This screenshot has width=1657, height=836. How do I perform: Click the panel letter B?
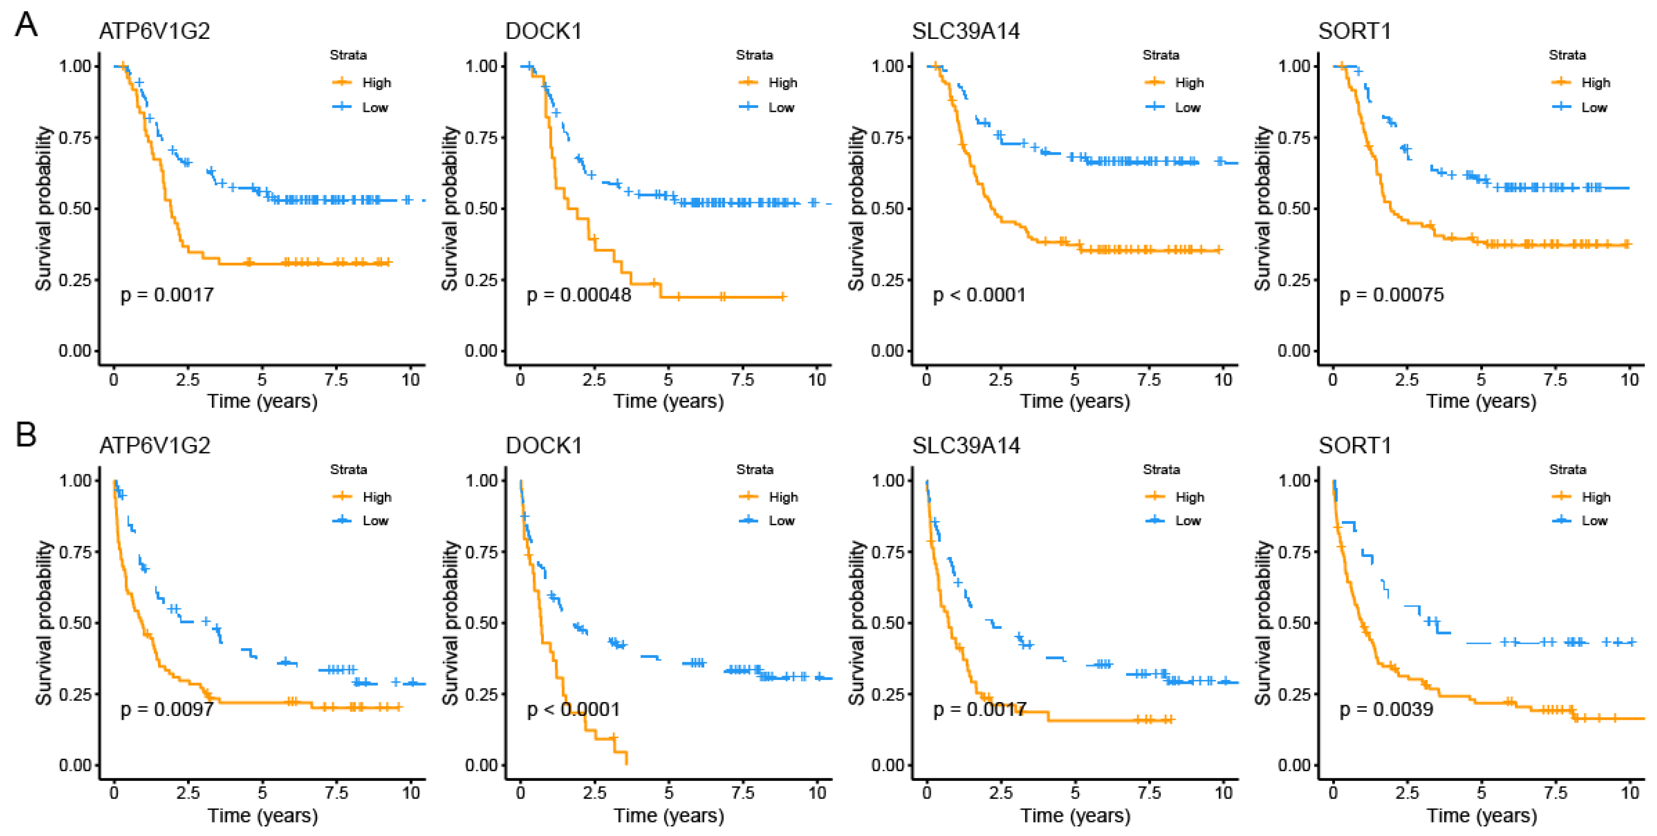coord(26,436)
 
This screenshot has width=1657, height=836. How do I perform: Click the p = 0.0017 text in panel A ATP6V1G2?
coord(167,295)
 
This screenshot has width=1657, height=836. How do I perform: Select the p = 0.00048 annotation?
coord(579,295)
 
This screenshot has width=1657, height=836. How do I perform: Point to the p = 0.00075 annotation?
coord(1391,295)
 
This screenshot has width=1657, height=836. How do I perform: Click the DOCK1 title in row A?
coord(543,31)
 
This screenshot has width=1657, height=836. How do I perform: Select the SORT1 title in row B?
coord(1355,445)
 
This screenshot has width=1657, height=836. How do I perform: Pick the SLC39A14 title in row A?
coord(966,31)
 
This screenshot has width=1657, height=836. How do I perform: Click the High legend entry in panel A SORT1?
coord(1595,82)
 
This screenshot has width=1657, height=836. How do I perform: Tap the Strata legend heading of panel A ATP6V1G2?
coord(348,55)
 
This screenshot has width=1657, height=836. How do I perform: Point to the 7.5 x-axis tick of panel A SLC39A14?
coord(1149,380)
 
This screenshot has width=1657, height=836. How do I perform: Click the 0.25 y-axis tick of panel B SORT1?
coord(1294,694)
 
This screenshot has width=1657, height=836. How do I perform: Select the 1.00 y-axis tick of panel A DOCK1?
coord(481,66)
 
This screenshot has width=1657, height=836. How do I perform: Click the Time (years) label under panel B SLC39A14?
coord(1075,815)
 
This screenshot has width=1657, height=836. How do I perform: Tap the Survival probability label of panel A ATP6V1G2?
coord(44,208)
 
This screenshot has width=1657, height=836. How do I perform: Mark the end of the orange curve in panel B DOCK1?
coord(626,763)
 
